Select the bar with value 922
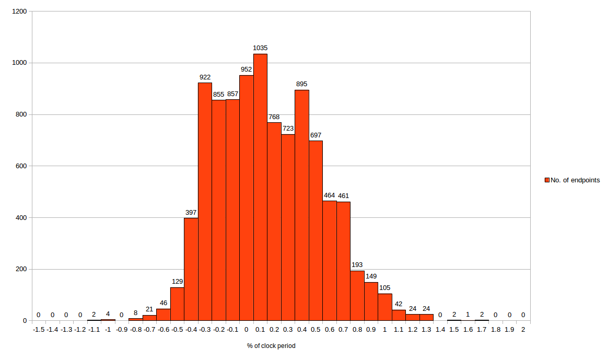pos(205,202)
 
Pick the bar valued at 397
pos(191,269)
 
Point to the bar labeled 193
pos(357,296)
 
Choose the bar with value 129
pos(177,304)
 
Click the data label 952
pos(247,69)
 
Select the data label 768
pos(274,117)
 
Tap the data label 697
pos(316,135)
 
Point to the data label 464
pos(330,195)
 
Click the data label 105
pos(385,288)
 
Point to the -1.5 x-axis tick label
pos(39,330)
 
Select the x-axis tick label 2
pos(523,330)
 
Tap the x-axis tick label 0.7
pos(343,330)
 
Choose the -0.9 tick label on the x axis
pos(122,330)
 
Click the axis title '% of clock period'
pos(271,346)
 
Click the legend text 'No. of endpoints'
pos(575,180)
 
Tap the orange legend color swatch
pos(547,180)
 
